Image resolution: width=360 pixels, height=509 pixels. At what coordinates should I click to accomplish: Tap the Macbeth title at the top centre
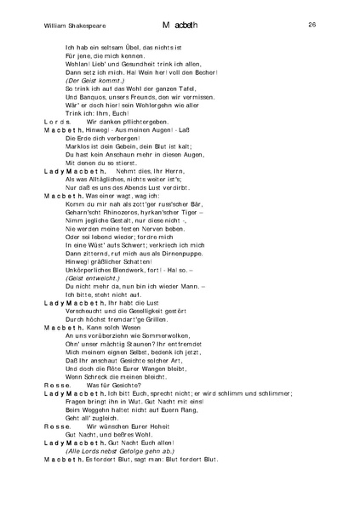tap(181, 26)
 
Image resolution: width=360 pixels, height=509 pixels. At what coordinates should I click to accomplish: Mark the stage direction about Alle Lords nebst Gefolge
tap(126, 450)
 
